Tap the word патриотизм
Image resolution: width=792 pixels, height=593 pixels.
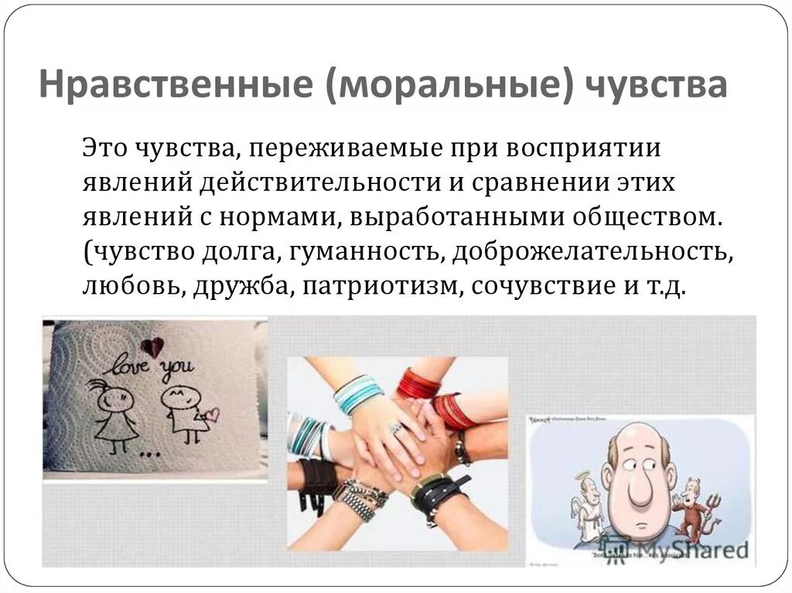381,286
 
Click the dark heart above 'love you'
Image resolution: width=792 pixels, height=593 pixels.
152,346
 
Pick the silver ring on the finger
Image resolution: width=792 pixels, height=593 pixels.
397,427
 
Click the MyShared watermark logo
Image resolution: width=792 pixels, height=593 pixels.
681,549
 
